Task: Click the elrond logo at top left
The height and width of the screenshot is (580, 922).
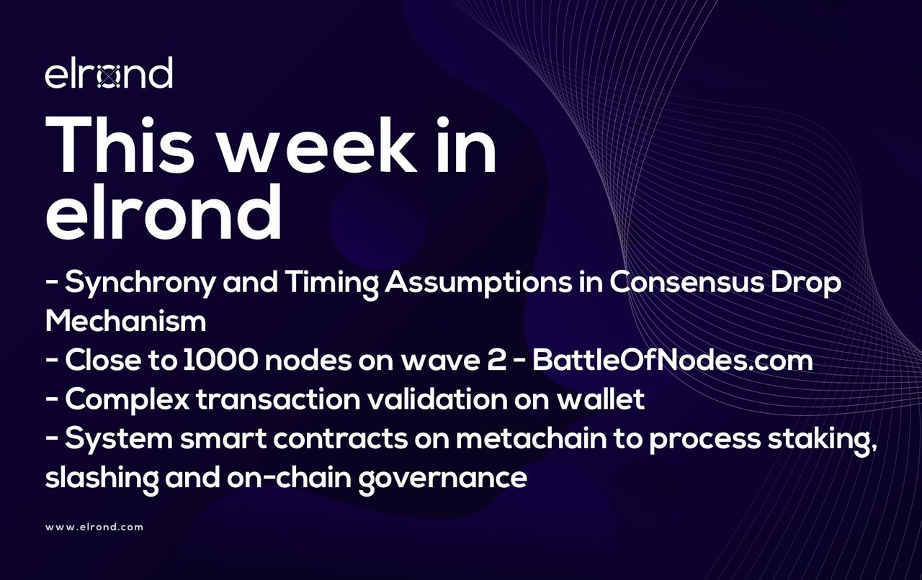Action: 109,73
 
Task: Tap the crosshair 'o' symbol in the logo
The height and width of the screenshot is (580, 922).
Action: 109,77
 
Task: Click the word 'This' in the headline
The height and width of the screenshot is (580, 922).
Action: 120,144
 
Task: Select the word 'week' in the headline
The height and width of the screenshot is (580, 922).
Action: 317,144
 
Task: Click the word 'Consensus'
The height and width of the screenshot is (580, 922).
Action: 686,283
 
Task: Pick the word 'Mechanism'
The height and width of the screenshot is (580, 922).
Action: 125,321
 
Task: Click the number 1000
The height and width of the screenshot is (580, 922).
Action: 220,361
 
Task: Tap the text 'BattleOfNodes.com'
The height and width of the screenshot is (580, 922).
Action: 673,361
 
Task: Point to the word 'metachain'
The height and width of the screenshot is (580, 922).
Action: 532,438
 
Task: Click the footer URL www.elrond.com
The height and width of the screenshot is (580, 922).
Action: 94,527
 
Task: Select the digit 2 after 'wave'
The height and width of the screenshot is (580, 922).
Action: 497,361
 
